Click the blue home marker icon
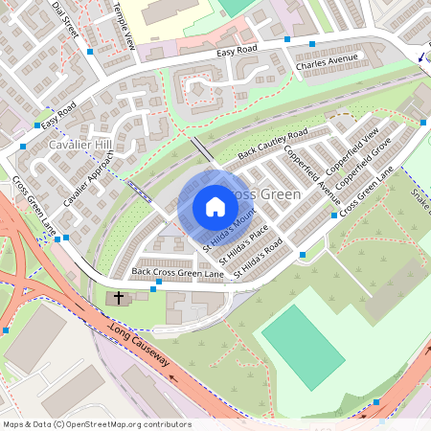(215, 207)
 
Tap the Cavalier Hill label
(80, 145)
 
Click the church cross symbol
(119, 299)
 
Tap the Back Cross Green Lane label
(177, 273)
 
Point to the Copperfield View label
(358, 145)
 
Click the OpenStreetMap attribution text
(97, 424)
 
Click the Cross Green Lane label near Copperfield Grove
(367, 190)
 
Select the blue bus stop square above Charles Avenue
(312, 44)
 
